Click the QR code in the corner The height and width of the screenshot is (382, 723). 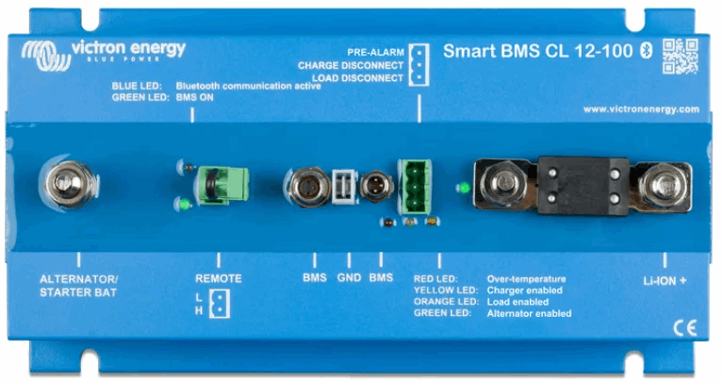click(x=681, y=57)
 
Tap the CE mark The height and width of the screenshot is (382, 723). click(x=684, y=328)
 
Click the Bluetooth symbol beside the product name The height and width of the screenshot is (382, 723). click(x=647, y=50)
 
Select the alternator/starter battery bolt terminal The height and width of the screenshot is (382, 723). click(x=69, y=184)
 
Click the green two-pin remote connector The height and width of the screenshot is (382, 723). click(x=223, y=185)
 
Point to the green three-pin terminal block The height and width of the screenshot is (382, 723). click(x=415, y=187)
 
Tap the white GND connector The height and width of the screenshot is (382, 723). click(x=344, y=187)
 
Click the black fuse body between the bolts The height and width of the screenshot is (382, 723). click(x=583, y=186)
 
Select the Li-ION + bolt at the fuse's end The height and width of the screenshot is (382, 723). click(x=662, y=185)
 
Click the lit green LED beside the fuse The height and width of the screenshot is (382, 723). click(x=464, y=188)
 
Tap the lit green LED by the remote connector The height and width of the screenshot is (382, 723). click(x=185, y=204)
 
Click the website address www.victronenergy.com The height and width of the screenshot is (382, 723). click(x=641, y=109)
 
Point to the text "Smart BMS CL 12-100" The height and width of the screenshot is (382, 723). click(x=537, y=51)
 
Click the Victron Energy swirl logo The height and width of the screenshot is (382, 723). click(x=45, y=56)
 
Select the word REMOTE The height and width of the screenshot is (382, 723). click(x=219, y=278)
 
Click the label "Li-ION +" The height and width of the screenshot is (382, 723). click(x=665, y=281)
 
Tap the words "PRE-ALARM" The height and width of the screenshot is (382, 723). click(x=375, y=52)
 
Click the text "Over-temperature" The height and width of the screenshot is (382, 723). click(x=526, y=278)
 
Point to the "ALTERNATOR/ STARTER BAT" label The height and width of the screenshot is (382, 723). click(x=78, y=286)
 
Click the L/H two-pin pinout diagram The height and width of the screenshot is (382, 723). click(x=213, y=304)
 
